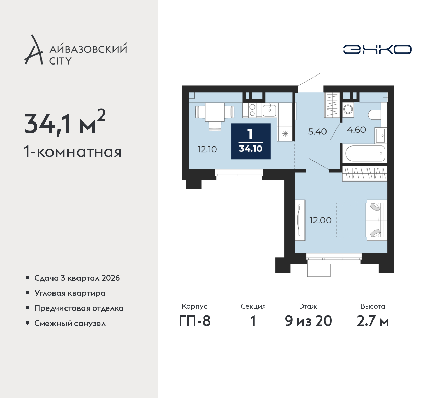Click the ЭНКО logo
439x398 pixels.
click(x=377, y=49)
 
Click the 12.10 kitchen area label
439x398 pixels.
click(x=207, y=149)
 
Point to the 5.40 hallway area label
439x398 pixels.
click(x=317, y=131)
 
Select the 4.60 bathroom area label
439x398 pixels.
click(x=356, y=130)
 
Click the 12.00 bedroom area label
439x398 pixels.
click(x=320, y=220)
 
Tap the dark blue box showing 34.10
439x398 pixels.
click(x=251, y=141)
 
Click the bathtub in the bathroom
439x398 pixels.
click(x=365, y=153)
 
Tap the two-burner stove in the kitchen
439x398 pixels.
click(x=252, y=110)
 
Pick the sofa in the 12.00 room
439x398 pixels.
click(x=377, y=220)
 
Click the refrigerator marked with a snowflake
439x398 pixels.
click(x=285, y=133)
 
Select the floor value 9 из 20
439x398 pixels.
click(x=308, y=321)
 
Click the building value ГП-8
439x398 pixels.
click(x=194, y=321)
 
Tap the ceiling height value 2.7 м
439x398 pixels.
click(x=373, y=321)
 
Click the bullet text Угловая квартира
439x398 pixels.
click(x=70, y=293)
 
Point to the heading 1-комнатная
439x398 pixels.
click(x=73, y=152)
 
